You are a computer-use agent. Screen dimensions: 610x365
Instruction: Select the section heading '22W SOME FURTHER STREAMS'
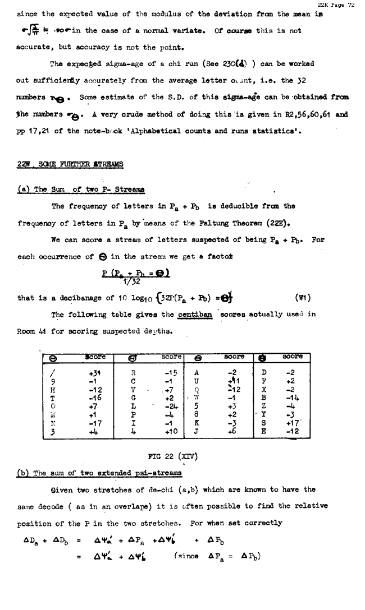[70, 164]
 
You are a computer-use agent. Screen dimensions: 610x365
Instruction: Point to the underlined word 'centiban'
[194, 315]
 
